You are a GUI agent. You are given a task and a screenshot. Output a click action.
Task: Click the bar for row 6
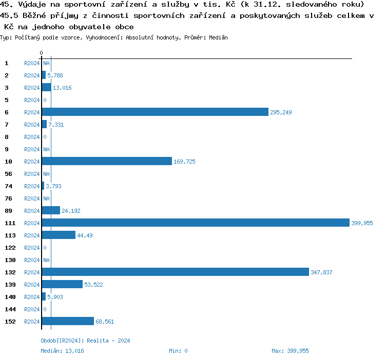[155, 112]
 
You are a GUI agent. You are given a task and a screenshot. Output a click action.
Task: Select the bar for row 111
[196, 223]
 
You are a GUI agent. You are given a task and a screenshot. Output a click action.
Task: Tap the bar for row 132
[176, 272]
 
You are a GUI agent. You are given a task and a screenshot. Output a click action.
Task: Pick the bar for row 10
[107, 162]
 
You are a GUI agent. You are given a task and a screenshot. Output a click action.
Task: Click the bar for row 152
[68, 322]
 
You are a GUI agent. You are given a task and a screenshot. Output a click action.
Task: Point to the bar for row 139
[62, 285]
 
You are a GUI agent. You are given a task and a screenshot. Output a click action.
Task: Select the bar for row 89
[51, 211]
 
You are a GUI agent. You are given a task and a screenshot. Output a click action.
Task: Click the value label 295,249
[281, 112]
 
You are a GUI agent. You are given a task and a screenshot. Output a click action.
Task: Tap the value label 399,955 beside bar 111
[362, 223]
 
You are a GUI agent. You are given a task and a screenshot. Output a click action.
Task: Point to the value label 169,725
[184, 162]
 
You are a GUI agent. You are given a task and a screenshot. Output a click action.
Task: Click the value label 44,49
[85, 235]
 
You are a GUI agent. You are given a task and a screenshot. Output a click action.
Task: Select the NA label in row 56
[46, 174]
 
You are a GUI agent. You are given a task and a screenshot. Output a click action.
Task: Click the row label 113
[10, 235]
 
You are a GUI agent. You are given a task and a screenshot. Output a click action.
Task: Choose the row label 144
[10, 309]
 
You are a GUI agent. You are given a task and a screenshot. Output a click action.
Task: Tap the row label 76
[9, 198]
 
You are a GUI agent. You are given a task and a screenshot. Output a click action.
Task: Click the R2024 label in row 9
[32, 149]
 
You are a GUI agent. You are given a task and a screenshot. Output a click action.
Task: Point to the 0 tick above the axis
[42, 53]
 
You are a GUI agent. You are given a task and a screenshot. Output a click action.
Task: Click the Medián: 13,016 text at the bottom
[62, 351]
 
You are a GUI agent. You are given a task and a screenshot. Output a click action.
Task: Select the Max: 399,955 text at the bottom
[290, 351]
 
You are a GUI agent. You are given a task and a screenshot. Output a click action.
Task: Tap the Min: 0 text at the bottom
[178, 351]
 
